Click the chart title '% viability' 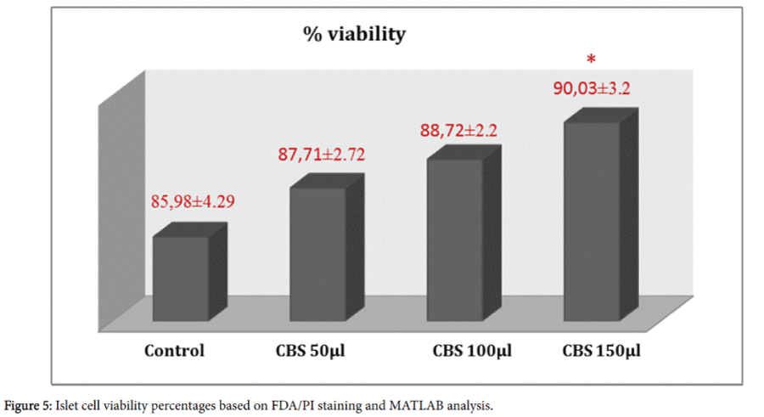pyautogui.click(x=355, y=35)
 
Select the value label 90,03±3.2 pyautogui.click(x=593, y=87)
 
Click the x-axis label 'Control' pyautogui.click(x=174, y=351)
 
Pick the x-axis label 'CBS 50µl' pyautogui.click(x=310, y=351)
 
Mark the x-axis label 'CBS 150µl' pyautogui.click(x=602, y=351)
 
